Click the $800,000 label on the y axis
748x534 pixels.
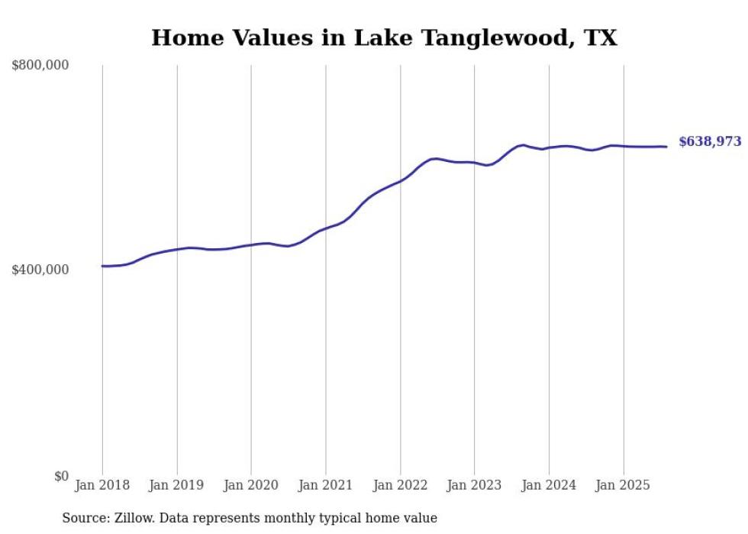40,66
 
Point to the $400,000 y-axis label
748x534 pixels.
40,270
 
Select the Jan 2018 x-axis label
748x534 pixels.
102,485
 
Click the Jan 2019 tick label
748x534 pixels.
177,485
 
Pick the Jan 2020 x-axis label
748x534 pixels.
251,485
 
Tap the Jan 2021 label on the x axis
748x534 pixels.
326,485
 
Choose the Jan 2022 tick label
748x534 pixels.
400,485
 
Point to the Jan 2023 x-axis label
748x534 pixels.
475,485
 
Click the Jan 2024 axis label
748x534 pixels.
549,485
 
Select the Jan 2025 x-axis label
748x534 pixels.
624,485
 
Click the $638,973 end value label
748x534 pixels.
709,141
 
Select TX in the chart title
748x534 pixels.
601,38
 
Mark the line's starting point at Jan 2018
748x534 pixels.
102,266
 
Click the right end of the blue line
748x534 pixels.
666,147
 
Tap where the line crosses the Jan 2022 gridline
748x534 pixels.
400,181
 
